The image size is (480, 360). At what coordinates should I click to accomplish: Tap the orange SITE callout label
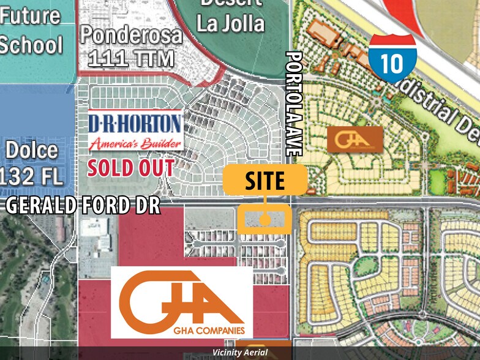pos(264,181)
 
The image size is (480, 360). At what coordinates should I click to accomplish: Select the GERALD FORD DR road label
pos(83,205)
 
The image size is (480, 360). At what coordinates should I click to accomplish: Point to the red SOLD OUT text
pos(130,167)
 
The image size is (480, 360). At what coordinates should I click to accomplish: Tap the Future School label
pos(30,29)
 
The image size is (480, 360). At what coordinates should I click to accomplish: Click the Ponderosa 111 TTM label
pos(132,46)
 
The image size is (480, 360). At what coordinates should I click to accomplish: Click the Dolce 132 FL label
pos(32,163)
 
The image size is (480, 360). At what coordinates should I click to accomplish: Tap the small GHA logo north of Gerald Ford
pos(355,139)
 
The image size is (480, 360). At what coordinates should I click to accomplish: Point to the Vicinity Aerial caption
pos(239,353)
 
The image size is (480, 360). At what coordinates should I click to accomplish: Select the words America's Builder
pos(135,144)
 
